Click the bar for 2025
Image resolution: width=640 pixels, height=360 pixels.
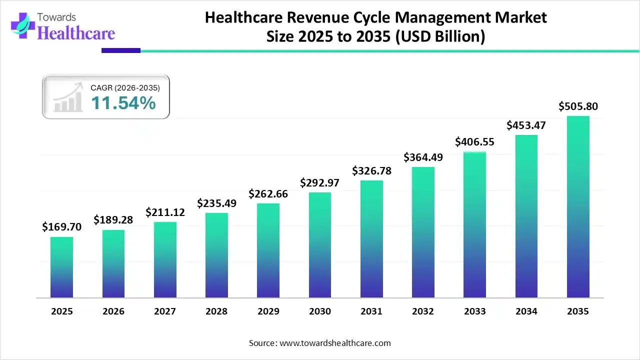pos(61,267)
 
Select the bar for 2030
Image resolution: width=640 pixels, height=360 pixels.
pos(319,245)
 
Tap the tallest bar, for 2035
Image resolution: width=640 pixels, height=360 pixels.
pos(578,207)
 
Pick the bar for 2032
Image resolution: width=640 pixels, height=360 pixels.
pos(423,232)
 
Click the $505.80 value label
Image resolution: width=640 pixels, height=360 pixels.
pos(578,106)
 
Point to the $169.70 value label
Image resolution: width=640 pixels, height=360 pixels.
pos(61,227)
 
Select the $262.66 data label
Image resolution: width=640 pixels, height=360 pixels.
pos(268,193)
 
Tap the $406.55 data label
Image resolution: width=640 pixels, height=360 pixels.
pos(474,141)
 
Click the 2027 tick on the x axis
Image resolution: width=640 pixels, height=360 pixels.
pos(165,311)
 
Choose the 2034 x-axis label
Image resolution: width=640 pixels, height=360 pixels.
pos(526,311)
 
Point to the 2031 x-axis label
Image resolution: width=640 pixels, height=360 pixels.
pos(371,311)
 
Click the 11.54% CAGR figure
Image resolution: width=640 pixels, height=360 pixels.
pos(123,103)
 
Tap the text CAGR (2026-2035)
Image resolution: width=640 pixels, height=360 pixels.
pos(125,88)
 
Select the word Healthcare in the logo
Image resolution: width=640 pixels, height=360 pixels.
pos(76,33)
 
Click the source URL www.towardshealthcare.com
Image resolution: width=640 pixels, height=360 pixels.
pos(334,343)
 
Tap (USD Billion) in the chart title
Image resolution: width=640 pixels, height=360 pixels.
pos(440,37)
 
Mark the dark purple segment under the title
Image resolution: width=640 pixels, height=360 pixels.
pos(121,50)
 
